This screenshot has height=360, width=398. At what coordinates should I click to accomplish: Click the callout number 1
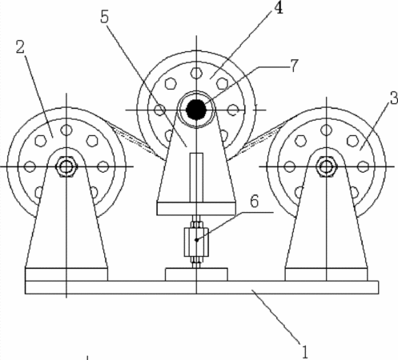pos(305,351)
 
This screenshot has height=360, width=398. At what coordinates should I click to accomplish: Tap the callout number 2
pos(20,47)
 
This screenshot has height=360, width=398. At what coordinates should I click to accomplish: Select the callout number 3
pos(393,98)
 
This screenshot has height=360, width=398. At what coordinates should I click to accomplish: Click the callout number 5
pos(105,17)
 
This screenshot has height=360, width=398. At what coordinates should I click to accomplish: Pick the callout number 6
pos(255,202)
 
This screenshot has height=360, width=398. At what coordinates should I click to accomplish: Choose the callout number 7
pos(294,66)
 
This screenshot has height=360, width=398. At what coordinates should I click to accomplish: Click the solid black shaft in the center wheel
pos(196,110)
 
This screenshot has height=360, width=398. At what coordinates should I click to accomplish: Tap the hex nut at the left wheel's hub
pos(66,167)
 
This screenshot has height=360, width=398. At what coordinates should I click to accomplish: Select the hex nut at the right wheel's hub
pos(326,167)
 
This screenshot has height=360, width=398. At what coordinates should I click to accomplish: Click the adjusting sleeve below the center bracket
pos(196,242)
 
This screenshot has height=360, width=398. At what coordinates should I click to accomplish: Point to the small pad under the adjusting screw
pos(196,274)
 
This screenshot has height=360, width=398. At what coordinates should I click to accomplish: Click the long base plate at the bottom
pos(202,287)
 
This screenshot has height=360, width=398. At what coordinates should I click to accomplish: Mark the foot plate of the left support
pos(66,274)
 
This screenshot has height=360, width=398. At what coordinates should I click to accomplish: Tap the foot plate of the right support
pos(326,274)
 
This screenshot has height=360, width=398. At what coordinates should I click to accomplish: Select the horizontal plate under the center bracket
pos(196,209)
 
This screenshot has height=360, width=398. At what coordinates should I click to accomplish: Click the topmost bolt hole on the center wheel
pos(196,73)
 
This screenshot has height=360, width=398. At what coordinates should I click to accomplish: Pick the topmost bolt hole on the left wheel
pos(66,130)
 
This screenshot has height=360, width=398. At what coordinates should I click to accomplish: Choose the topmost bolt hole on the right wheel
pos(326,130)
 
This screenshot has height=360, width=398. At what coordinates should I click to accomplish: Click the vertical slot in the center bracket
pos(196,178)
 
